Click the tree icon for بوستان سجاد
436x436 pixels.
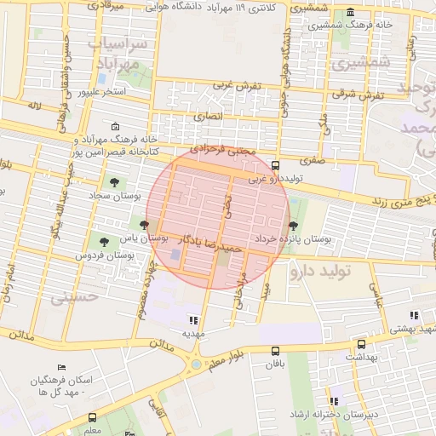tap(112, 181)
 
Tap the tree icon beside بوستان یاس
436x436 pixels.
tap(145, 226)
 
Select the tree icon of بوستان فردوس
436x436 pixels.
tap(104, 243)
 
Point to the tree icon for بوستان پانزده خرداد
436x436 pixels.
tap(294, 226)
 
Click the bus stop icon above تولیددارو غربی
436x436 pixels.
tap(274, 166)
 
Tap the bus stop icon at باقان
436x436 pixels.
tap(274, 351)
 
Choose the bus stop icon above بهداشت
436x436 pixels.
tap(361, 345)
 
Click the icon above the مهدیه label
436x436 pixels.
tap(193, 320)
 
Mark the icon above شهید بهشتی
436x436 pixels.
tap(414, 315)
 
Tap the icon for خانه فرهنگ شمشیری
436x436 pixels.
tap(351, 14)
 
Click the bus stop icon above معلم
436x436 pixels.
tap(92, 417)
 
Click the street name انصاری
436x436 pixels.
tap(207, 115)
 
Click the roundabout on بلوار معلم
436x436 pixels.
tap(196, 365)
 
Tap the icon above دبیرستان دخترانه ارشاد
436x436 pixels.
tap(334, 400)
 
